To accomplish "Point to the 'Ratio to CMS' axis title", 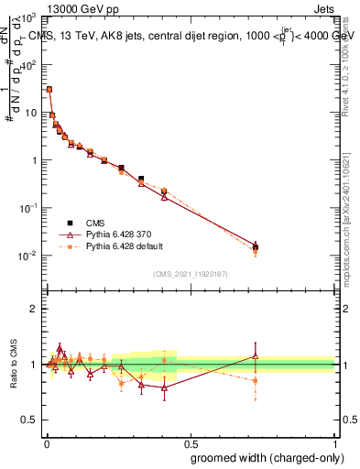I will (x=13, y=364).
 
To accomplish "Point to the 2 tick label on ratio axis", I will (x=34, y=309).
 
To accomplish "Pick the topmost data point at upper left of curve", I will (x=49, y=90).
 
